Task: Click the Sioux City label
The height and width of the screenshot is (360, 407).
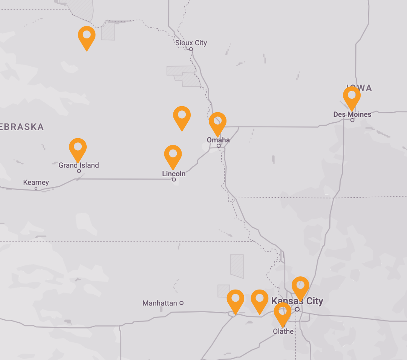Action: coord(191,43)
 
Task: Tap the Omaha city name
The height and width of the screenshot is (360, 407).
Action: coord(218,140)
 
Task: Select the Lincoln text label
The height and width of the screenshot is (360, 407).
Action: coord(174,174)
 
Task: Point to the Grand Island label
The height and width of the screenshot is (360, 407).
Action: coord(79,165)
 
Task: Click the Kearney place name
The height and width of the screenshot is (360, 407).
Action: coord(36,182)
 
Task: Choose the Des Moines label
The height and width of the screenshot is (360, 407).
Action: coord(352,114)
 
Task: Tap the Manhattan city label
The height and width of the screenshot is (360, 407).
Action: coord(160,303)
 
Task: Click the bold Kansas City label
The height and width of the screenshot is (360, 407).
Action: coord(297,301)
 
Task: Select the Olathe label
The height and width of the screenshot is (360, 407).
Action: coord(283,331)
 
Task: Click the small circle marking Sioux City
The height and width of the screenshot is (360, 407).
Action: coord(191,49)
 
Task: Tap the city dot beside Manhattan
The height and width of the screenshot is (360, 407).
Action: coord(181,303)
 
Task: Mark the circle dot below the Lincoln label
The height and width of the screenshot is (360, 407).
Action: coord(174,180)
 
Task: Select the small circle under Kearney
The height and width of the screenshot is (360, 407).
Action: coord(36,188)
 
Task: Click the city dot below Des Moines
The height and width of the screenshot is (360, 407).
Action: coord(352,120)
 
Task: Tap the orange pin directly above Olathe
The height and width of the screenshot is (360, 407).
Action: coord(283,313)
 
